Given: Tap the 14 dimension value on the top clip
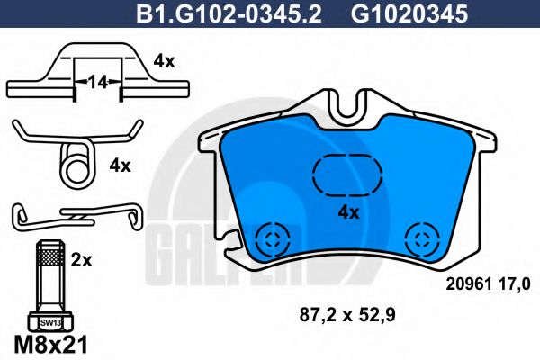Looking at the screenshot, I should pyautogui.click(x=98, y=82).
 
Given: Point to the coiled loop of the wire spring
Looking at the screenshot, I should pyautogui.click(x=76, y=163).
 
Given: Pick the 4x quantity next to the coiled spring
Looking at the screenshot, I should pyautogui.click(x=120, y=166).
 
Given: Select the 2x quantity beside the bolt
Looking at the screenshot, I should pyautogui.click(x=81, y=260).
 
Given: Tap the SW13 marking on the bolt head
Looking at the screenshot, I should pyautogui.click(x=48, y=320).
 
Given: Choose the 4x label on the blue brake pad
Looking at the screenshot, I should pyautogui.click(x=347, y=213).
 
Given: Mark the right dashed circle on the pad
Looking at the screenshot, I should pyautogui.click(x=420, y=240).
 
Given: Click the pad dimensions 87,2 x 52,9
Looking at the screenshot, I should pyautogui.click(x=346, y=315).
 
